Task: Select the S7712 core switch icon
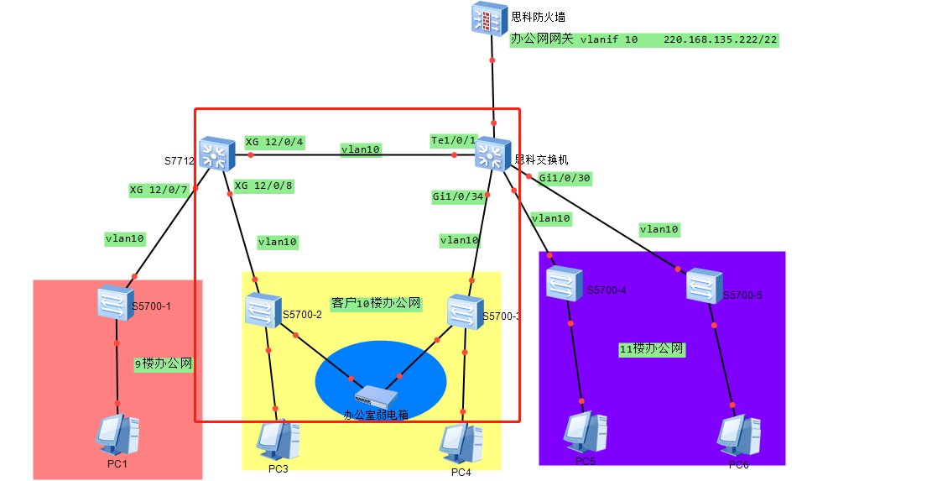coord(217,154)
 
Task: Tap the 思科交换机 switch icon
coord(492,155)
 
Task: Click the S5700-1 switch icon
coord(115,301)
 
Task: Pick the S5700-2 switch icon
coord(263,310)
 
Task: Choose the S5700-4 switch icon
coord(565,284)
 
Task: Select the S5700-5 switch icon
coord(705,286)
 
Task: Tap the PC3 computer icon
coord(278,439)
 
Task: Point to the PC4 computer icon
coord(461,443)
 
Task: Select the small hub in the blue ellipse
coord(375,396)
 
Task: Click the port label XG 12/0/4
coord(274,142)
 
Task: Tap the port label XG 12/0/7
coord(159,190)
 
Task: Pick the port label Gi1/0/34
coord(458,196)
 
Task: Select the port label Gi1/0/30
coord(565,178)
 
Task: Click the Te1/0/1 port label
coord(453,140)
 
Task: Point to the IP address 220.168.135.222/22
coord(721,39)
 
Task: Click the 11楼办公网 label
coord(652,348)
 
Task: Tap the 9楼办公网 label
coord(164,363)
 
